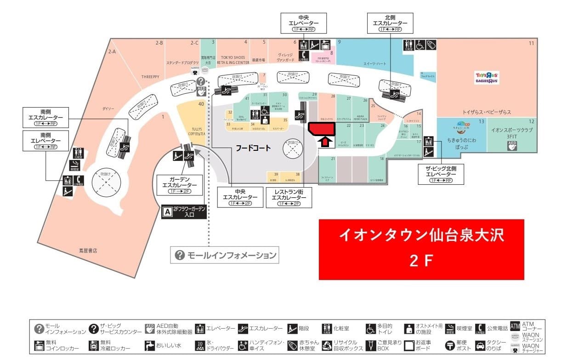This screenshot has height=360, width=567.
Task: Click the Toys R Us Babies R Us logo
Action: click(x=487, y=77)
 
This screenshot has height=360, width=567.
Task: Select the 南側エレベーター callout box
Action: click(x=45, y=141)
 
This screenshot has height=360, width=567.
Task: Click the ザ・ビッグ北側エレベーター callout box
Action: click(x=441, y=174)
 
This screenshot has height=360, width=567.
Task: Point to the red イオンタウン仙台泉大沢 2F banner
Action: click(x=421, y=249)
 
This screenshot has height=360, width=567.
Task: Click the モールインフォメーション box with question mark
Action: click(x=225, y=255)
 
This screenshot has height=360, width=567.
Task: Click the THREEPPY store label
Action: click(x=150, y=77)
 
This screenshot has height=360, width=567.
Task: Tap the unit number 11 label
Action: click(x=531, y=43)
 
